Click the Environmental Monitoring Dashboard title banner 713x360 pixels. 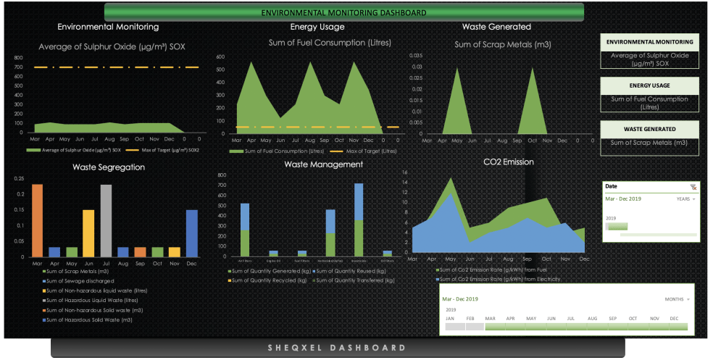click(343, 12)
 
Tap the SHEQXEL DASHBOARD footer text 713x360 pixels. click(338, 348)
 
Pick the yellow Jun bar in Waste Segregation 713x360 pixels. click(88, 233)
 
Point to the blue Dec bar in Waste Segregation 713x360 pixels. click(191, 233)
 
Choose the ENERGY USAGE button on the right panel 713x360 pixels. click(649, 86)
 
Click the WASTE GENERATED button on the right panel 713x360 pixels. click(649, 129)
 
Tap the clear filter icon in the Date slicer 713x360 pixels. click(693, 186)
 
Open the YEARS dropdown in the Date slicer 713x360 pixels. click(685, 198)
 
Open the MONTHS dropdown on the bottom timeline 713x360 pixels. click(677, 299)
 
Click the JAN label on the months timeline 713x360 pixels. click(450, 318)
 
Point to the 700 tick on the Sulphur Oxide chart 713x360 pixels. click(18, 67)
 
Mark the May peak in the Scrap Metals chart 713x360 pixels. click(456, 69)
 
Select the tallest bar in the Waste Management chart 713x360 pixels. click(358, 217)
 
